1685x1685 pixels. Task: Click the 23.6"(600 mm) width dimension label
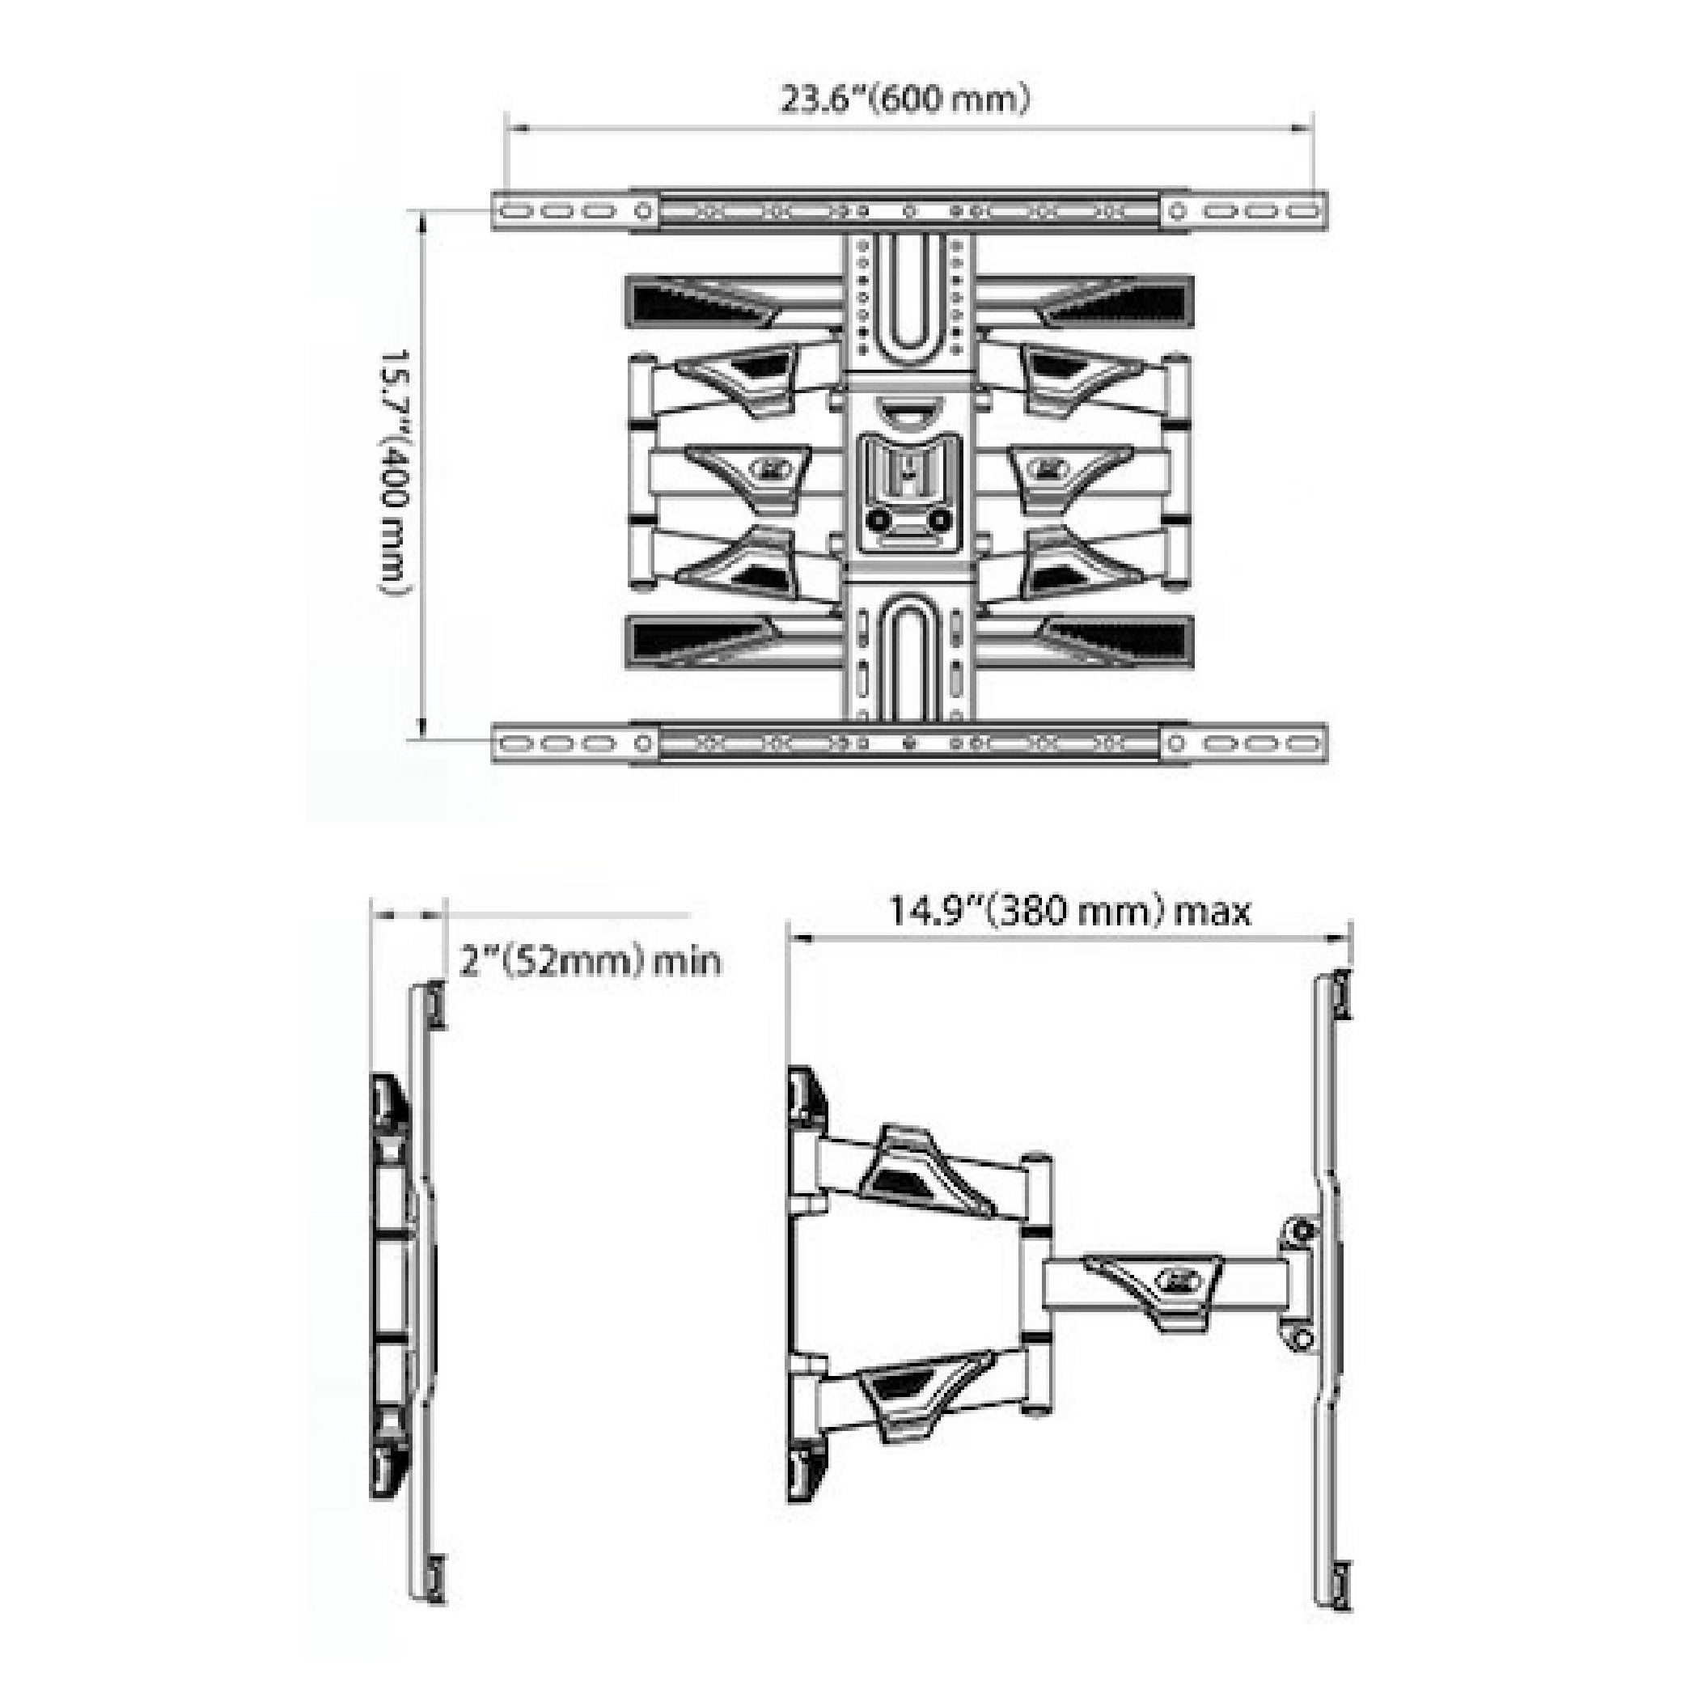tap(904, 99)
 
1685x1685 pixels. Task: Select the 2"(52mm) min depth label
tap(590, 960)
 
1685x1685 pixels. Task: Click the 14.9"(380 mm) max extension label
tap(1069, 912)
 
